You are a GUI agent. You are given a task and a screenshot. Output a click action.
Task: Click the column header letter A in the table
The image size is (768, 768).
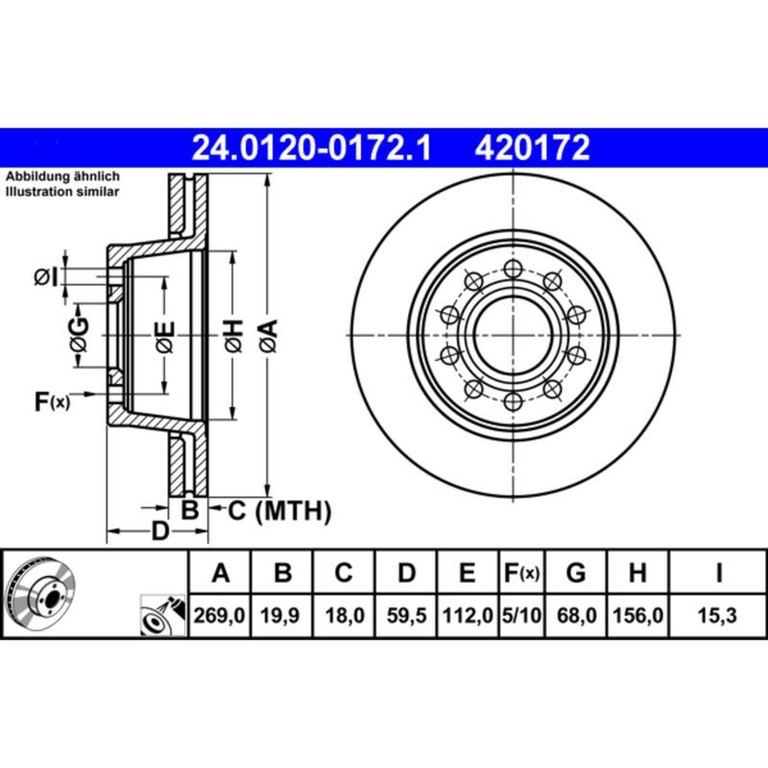[x=221, y=575]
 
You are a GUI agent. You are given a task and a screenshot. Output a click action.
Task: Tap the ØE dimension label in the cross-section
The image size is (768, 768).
[x=165, y=337]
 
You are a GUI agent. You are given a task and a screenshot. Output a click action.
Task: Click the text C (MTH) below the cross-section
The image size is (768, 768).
[x=279, y=510]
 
